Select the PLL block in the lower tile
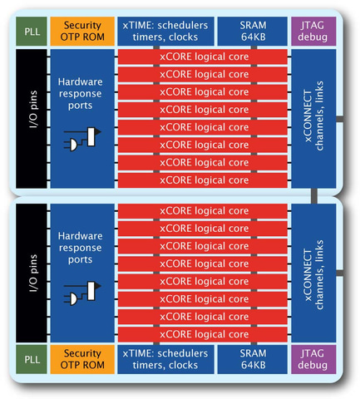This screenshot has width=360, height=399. click(x=31, y=359)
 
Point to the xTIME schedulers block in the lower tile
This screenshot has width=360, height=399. click(x=165, y=359)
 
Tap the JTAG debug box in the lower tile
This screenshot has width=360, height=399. click(x=312, y=359)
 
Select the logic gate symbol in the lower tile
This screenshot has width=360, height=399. click(x=81, y=293)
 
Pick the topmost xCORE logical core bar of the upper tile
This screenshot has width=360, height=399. click(x=203, y=57)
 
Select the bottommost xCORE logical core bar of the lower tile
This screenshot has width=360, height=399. click(x=203, y=333)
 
